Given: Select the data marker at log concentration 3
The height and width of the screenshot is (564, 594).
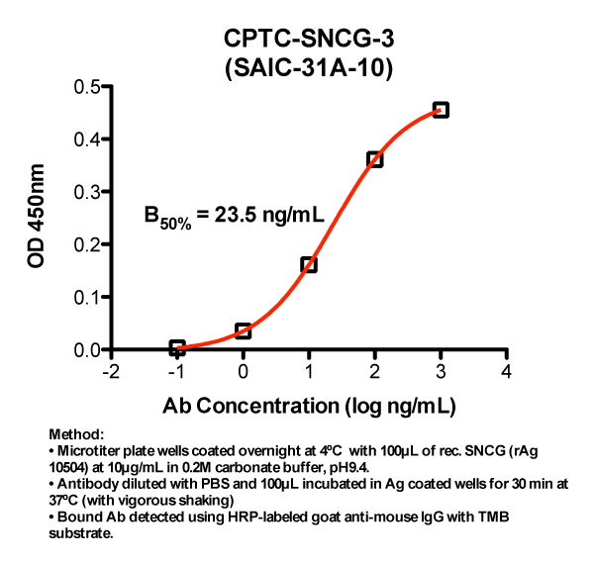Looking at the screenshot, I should tap(441, 110).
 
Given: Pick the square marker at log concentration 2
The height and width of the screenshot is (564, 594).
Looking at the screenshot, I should tap(374, 159).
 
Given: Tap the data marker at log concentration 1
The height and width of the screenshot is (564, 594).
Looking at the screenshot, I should tap(309, 264).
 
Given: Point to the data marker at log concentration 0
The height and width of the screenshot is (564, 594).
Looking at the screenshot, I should tap(243, 330).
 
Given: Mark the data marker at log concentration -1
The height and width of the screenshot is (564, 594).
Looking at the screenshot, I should tap(177, 347).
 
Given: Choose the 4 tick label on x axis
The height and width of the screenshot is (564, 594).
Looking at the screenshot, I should tap(506, 372).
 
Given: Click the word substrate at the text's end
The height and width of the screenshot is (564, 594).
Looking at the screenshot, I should tap(77, 534).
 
